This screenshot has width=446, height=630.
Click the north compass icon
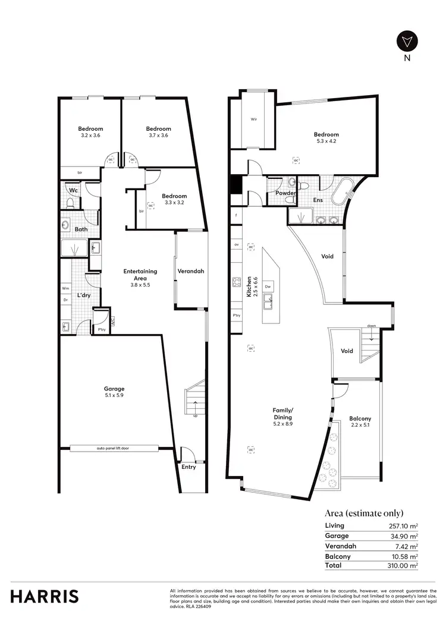pos(407,42)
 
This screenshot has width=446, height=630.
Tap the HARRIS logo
pos(45,596)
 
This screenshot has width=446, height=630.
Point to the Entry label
pos(189,467)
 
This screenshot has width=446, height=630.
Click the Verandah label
pos(191,271)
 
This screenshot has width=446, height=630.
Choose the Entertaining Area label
pos(140,275)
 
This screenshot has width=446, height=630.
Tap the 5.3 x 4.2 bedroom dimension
pos(326,142)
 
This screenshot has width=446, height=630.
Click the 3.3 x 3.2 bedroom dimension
pos(174,203)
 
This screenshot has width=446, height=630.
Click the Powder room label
pos(285,193)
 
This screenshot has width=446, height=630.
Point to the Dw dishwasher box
pos(269,286)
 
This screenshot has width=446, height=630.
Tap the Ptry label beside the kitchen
pos(237,316)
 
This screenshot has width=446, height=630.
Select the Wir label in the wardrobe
pos(253,119)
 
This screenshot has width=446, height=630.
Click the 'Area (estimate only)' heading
pos(364,513)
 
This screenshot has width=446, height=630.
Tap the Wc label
pos(73,190)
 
